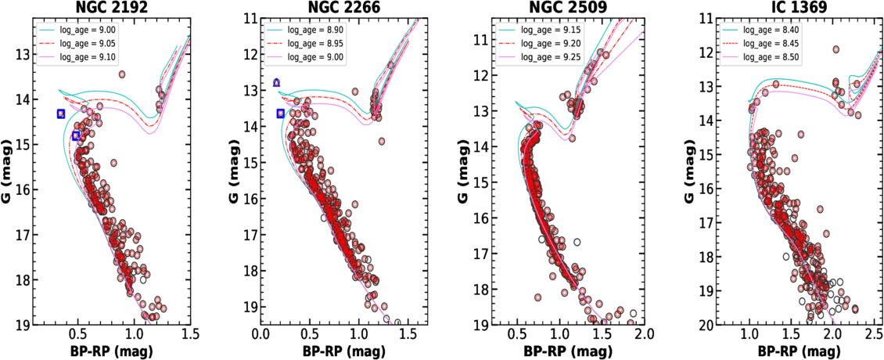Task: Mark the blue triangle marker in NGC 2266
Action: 276,82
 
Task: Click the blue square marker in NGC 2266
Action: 281,113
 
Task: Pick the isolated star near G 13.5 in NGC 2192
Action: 122,74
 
